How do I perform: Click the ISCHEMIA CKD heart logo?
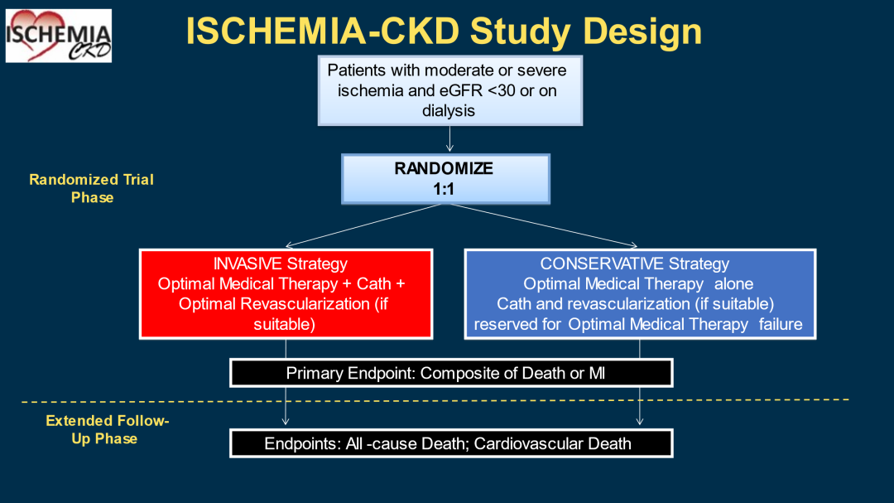click(59, 36)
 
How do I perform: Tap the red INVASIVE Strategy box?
click(286, 294)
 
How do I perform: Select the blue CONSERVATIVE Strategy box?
click(640, 294)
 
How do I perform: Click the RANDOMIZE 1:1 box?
click(445, 179)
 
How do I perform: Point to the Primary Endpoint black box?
click(451, 373)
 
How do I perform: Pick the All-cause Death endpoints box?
click(451, 443)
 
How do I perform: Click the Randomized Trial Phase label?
click(92, 188)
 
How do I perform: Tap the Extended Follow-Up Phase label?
click(107, 429)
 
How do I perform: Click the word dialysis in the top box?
click(449, 111)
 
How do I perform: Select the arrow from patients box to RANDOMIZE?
click(449, 138)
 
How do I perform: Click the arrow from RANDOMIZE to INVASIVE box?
click(363, 225)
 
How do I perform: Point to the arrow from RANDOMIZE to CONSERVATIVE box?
click(543, 225)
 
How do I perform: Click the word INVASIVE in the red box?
click(248, 264)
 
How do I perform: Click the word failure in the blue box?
click(781, 324)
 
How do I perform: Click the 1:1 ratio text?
click(444, 189)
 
